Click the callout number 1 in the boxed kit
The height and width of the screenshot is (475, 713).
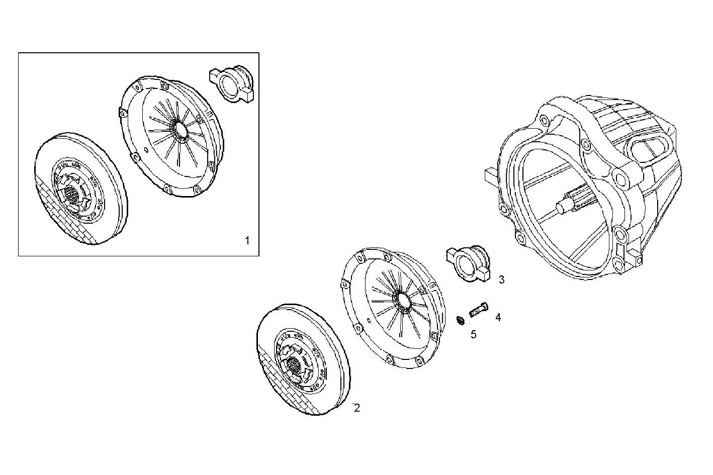(247, 240)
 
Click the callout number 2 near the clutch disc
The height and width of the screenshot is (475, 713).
(356, 408)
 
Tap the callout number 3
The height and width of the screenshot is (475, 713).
(501, 279)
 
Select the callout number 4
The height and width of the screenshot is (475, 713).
(498, 317)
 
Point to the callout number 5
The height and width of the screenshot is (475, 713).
(473, 334)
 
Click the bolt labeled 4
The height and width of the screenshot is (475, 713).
(478, 309)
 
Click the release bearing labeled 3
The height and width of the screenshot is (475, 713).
(467, 262)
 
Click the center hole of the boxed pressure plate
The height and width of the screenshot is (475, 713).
(180, 130)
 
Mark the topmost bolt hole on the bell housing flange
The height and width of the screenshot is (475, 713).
(544, 121)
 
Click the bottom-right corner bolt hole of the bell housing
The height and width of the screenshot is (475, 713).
(638, 261)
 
